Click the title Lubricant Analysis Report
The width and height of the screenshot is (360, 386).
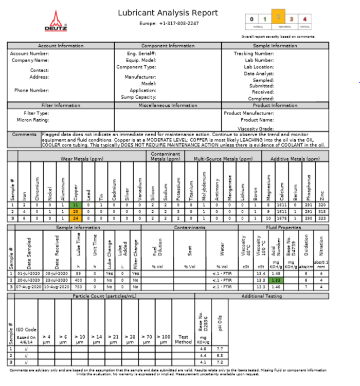(x=168, y=13)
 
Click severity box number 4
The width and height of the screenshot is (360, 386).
(x=305, y=19)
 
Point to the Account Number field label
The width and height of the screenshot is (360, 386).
(x=30, y=53)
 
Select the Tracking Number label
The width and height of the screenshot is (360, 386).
(x=254, y=53)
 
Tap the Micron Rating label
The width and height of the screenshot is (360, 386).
(x=33, y=120)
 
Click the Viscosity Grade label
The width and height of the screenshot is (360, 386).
(x=255, y=128)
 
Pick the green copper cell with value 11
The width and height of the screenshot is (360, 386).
(x=75, y=204)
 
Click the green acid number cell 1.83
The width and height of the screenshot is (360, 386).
(x=276, y=280)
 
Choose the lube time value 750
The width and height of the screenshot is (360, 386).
(x=64, y=286)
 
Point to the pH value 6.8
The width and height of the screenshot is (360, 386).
(x=220, y=354)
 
